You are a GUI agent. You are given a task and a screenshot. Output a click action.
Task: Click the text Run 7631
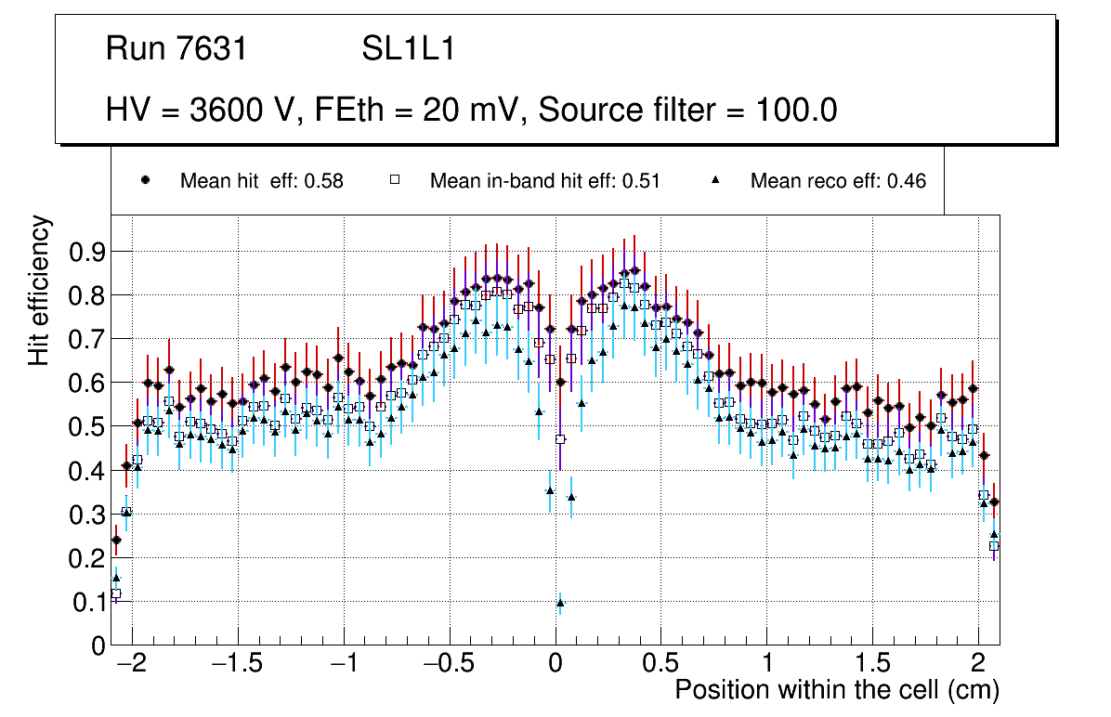pyautogui.click(x=176, y=48)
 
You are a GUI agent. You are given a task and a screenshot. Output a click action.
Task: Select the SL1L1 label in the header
pyautogui.click(x=408, y=48)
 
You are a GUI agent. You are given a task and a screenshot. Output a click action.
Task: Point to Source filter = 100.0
pyautogui.click(x=687, y=111)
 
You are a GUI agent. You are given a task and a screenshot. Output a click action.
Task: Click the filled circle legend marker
pyautogui.click(x=145, y=180)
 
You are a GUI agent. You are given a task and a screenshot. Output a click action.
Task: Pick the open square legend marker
pyautogui.click(x=394, y=180)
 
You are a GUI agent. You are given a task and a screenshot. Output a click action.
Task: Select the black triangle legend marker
pyautogui.click(x=716, y=180)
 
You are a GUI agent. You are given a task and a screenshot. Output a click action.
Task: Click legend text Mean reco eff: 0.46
pyautogui.click(x=838, y=181)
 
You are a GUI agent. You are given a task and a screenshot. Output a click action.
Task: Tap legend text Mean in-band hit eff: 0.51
pyautogui.click(x=544, y=181)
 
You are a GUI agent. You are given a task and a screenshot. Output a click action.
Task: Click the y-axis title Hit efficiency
pyautogui.click(x=39, y=290)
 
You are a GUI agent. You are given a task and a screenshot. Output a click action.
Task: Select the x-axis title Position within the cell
pyautogui.click(x=836, y=690)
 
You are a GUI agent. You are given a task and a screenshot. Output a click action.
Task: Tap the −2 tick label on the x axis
pyautogui.click(x=132, y=665)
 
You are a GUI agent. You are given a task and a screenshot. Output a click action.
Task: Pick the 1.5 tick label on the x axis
pyautogui.click(x=872, y=665)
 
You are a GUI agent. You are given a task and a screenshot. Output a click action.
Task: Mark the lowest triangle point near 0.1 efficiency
pyautogui.click(x=560, y=603)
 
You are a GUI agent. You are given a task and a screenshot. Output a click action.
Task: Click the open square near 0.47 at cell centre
pyautogui.click(x=560, y=439)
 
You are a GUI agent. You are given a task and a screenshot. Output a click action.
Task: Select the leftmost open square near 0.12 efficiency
pyautogui.click(x=116, y=593)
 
